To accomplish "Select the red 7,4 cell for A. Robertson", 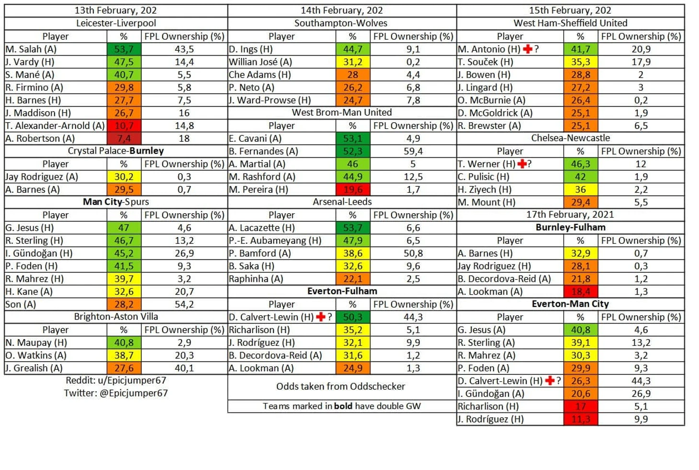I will pyautogui.click(x=124, y=138).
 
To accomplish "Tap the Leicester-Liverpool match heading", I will pyautogui.click(x=116, y=23).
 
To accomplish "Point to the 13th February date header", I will pyautogui.click(x=116, y=10).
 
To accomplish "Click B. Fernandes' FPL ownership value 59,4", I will pyautogui.click(x=413, y=151).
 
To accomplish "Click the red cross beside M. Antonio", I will pyautogui.click(x=528, y=49).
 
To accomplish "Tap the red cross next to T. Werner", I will pyautogui.click(x=522, y=164).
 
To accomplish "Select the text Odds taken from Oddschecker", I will pyautogui.click(x=340, y=386).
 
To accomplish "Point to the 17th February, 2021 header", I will pyautogui.click(x=570, y=215).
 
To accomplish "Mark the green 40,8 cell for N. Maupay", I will pyautogui.click(x=124, y=343).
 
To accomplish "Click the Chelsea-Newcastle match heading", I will pyautogui.click(x=570, y=138).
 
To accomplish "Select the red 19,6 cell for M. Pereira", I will pyautogui.click(x=352, y=189).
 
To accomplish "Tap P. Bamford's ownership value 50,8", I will pyautogui.click(x=413, y=253).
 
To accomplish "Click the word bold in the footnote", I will pyautogui.click(x=343, y=406).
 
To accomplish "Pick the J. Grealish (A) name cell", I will pyautogui.click(x=34, y=368).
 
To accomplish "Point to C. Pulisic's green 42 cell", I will pyautogui.click(x=580, y=176).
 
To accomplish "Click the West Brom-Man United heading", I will pyautogui.click(x=342, y=112).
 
